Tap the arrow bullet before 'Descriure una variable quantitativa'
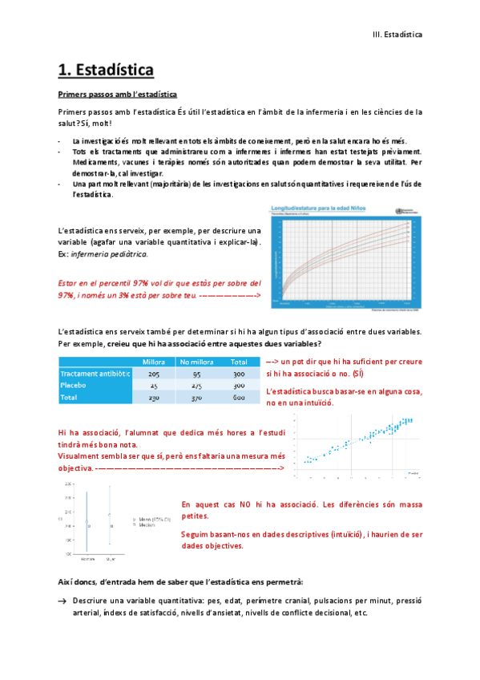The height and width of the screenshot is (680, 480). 63,600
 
